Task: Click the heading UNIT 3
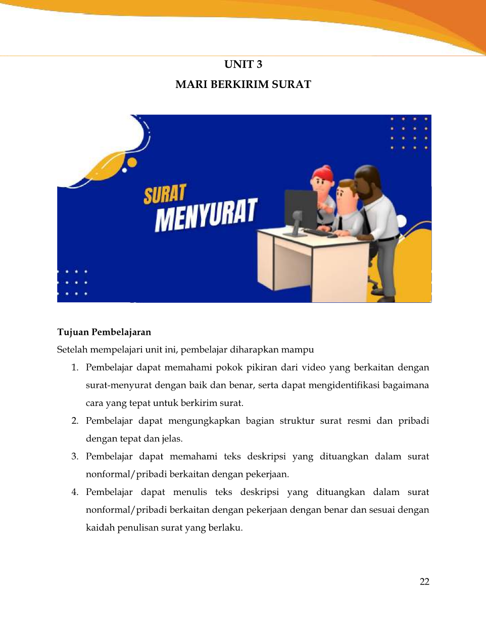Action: pyautogui.click(x=243, y=64)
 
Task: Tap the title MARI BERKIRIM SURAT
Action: pyautogui.click(x=243, y=84)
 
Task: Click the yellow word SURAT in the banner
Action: pyautogui.click(x=165, y=194)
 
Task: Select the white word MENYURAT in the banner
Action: pyautogui.click(x=206, y=215)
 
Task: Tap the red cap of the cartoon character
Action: pyautogui.click(x=323, y=174)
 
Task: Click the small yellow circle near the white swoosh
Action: pyautogui.click(x=132, y=163)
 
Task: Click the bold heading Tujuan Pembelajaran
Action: pyautogui.click(x=104, y=332)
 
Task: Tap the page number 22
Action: pyautogui.click(x=424, y=581)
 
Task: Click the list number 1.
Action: pyautogui.click(x=75, y=368)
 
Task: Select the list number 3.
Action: pyautogui.click(x=75, y=457)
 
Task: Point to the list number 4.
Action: pyautogui.click(x=75, y=492)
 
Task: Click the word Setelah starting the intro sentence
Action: pyautogui.click(x=72, y=350)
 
